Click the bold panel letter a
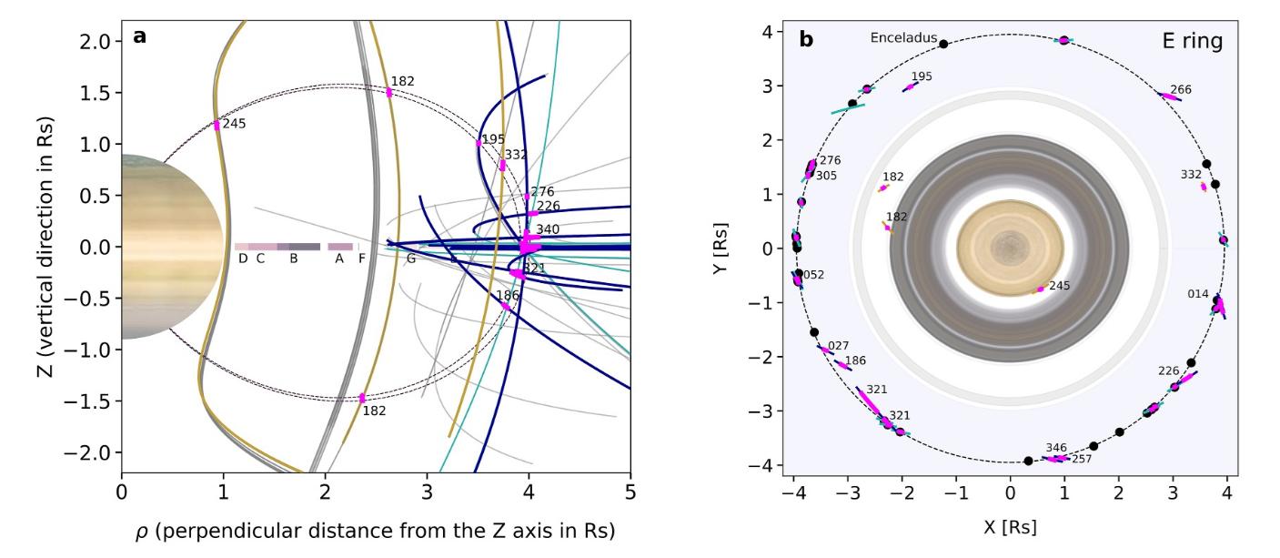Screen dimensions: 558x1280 pos(139,36)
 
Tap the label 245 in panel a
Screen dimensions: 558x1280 pos(236,123)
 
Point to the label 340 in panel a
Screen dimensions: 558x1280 pos(548,228)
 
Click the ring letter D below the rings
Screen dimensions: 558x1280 pos(243,259)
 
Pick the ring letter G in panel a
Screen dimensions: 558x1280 pos(411,259)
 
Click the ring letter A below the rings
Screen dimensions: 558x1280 pos(339,259)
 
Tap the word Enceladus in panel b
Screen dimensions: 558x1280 pos(901,38)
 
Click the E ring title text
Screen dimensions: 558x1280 pos(1192,41)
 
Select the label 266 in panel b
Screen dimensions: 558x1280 pos(1180,89)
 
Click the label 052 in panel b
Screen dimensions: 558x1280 pos(813,274)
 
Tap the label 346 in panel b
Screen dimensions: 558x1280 pos(1055,447)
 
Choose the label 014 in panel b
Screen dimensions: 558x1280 pos(1198,293)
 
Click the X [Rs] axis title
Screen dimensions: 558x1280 pos(1009,526)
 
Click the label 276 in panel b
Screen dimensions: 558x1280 pos(830,160)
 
